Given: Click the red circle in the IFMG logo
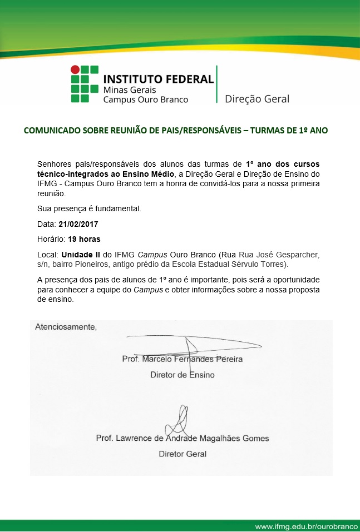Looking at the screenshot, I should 74,69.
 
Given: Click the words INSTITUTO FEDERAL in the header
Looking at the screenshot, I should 159,78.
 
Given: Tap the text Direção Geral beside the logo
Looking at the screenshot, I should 257,99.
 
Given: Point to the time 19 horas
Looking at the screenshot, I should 85,239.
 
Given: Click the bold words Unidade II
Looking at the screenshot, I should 85,254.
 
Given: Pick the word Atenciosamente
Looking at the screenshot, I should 66,326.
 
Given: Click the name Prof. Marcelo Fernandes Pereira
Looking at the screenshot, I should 182,359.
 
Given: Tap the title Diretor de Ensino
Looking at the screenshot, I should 183,375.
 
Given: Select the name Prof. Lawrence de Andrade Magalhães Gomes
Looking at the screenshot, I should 183,438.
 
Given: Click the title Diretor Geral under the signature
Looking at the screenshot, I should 183,454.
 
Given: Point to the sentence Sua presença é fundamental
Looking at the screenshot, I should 81,209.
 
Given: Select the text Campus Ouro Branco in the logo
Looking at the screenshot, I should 146,100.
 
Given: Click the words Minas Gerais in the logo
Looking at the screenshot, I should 130,90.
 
